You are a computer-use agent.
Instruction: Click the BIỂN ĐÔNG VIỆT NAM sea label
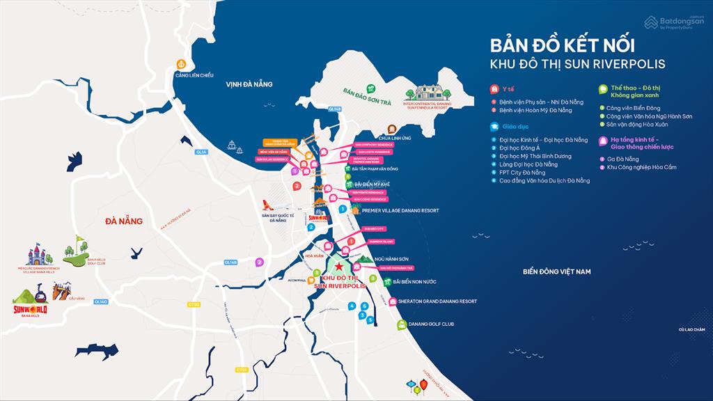point(556,272)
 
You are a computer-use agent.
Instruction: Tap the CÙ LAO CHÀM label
point(694,329)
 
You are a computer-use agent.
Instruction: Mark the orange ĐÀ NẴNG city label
point(123,221)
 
